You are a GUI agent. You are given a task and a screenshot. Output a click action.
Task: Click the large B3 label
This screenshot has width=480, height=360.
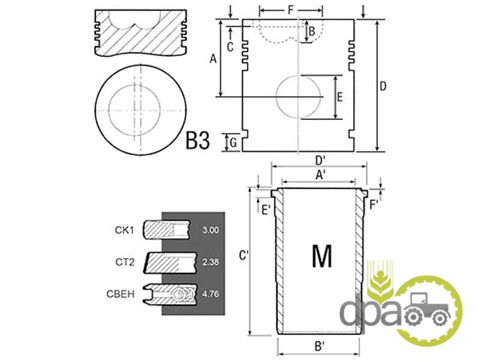198,140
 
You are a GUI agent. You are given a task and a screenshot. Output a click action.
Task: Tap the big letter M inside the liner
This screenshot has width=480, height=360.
322,256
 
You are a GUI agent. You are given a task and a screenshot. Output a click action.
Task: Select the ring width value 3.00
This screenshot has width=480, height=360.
211,230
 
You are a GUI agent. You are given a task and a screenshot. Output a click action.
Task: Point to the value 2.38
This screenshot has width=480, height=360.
211,262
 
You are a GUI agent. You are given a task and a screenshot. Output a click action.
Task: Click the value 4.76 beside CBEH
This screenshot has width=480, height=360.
211,294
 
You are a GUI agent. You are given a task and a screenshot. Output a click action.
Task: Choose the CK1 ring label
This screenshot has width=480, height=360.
124,230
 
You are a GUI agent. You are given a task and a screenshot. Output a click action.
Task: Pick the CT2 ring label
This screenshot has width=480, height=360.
125,262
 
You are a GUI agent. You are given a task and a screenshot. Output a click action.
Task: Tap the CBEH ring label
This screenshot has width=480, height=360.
121,294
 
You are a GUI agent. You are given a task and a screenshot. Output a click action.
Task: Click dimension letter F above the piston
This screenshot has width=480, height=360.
291,10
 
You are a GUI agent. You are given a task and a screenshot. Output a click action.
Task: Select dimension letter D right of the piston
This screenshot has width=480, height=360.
383,86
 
